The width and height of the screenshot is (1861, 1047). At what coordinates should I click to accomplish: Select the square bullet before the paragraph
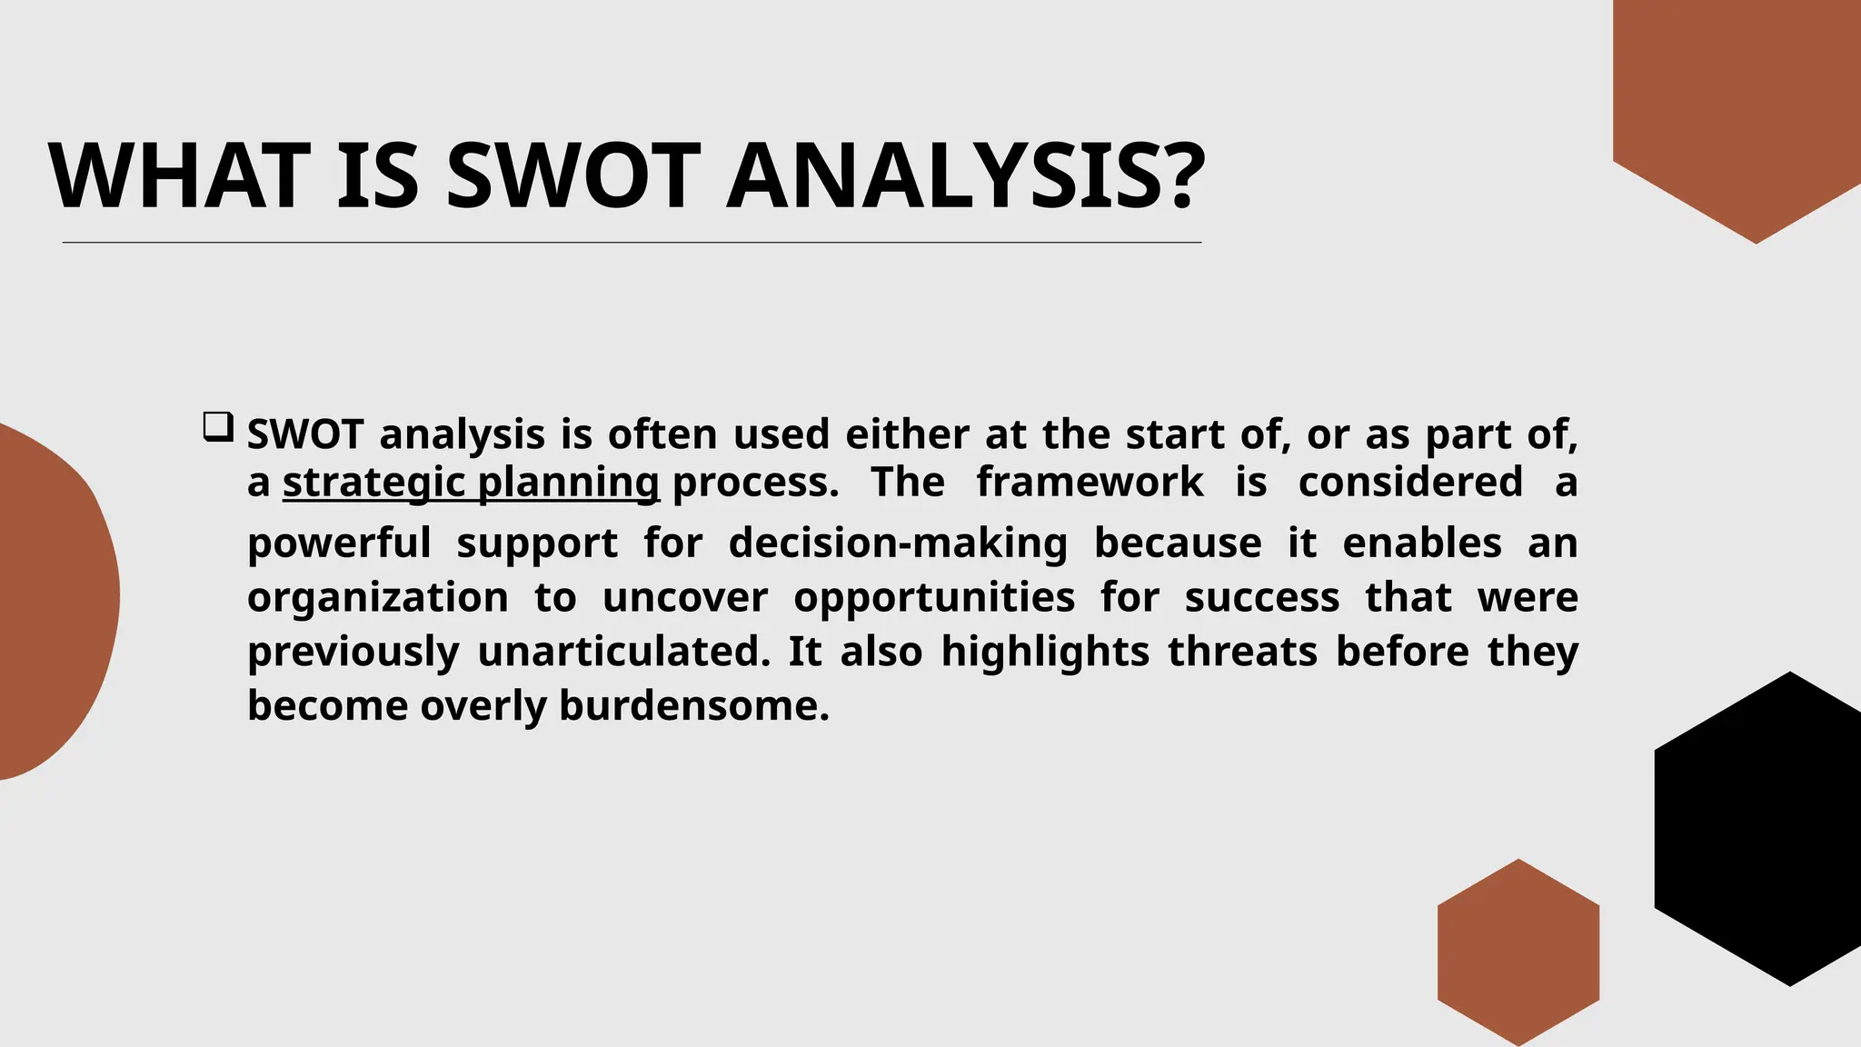(x=217, y=427)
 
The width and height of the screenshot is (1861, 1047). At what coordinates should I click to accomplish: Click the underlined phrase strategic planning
(x=471, y=483)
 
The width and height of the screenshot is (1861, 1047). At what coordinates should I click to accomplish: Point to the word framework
(x=1090, y=482)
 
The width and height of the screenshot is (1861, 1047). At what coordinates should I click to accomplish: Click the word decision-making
(x=898, y=543)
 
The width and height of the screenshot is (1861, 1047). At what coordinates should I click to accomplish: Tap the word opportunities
(x=934, y=598)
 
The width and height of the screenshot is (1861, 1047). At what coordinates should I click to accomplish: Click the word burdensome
(x=693, y=706)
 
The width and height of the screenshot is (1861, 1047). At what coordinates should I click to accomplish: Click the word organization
(x=377, y=598)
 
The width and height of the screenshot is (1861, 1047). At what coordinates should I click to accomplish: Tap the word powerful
(x=339, y=543)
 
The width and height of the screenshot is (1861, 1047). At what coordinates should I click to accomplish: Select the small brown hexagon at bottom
(x=1518, y=952)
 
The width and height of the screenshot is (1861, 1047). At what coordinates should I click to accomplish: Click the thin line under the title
(x=632, y=243)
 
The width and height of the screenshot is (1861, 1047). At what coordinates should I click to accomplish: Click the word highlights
(x=1045, y=652)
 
